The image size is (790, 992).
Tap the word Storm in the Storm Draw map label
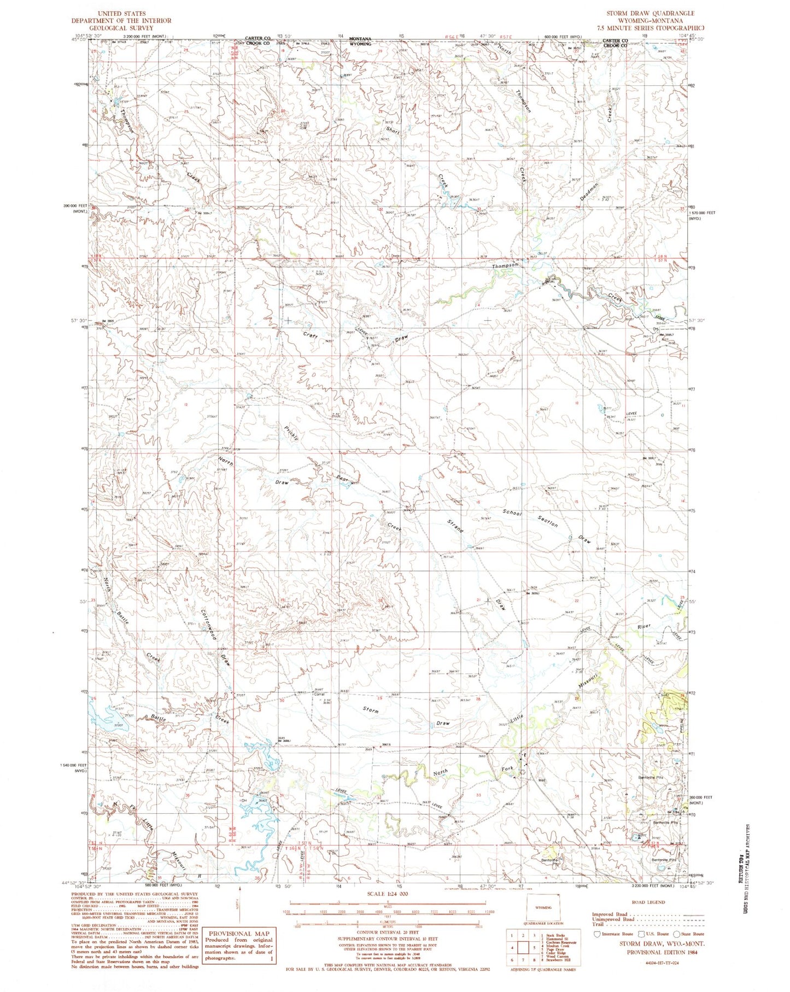[371, 710]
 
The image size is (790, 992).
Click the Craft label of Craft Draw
[311, 333]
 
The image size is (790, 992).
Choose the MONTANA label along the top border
[360, 39]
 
